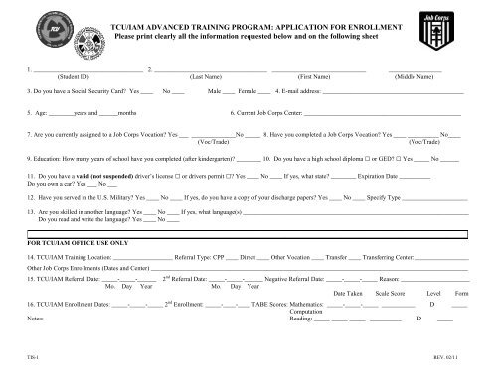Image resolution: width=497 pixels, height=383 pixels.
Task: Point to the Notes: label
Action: [x=37, y=319]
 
